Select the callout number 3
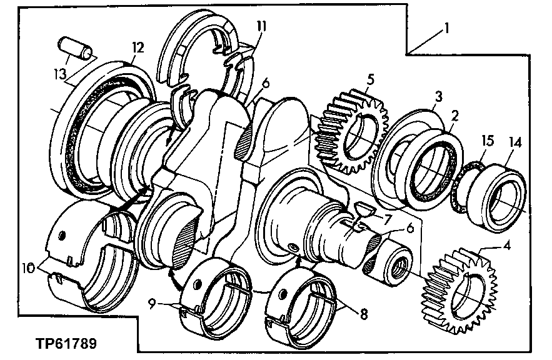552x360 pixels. (439, 96)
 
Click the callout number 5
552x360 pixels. (371, 79)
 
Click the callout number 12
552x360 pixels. (137, 47)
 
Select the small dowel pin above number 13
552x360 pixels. (75, 47)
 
